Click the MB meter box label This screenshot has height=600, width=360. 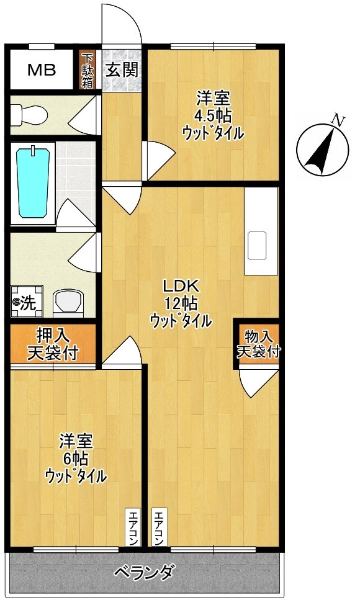click(42, 69)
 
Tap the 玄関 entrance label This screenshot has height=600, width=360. click(122, 69)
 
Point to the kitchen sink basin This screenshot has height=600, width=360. click(257, 246)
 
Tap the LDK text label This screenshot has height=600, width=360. click(180, 286)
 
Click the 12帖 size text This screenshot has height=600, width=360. click(181, 303)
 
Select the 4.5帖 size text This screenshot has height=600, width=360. click(214, 115)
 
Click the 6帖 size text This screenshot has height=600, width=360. click(76, 459)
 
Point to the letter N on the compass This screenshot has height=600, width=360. click(338, 119)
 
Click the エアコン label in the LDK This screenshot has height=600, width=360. click(159, 527)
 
